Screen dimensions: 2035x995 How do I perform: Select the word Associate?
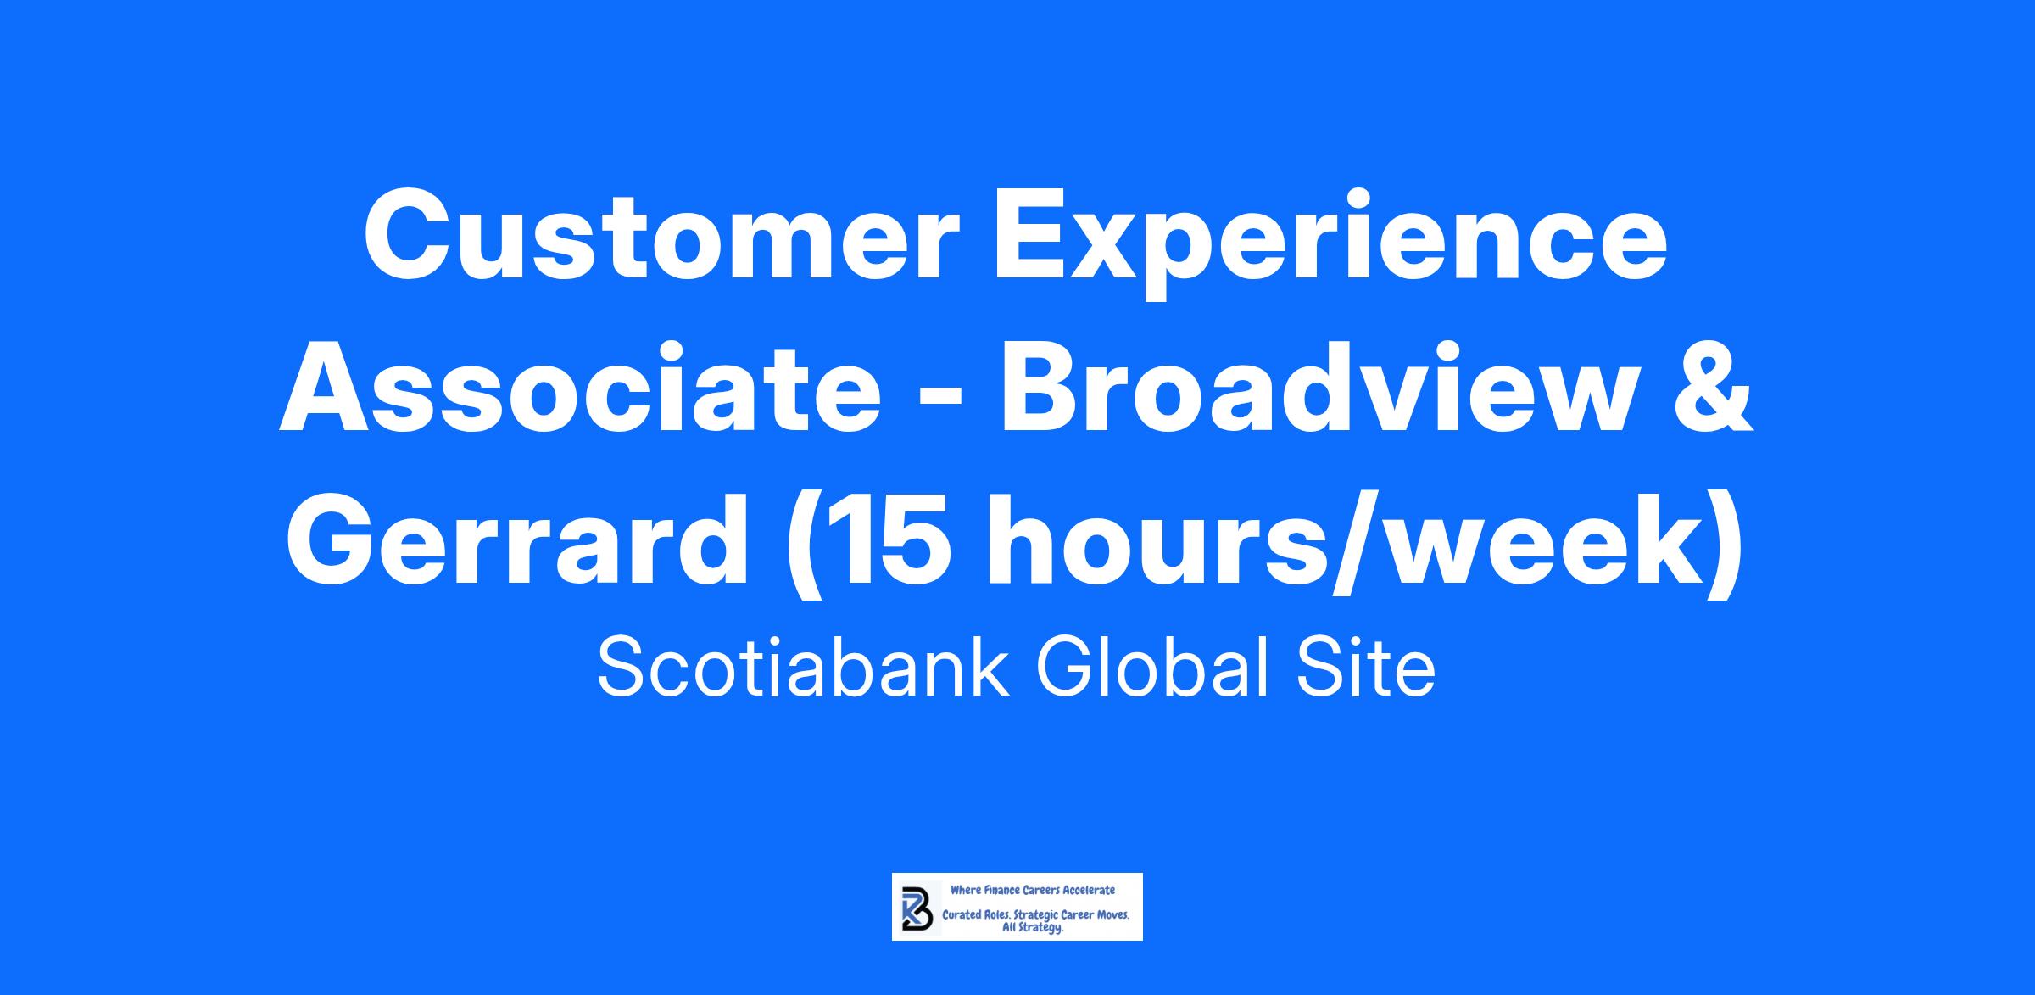(581, 390)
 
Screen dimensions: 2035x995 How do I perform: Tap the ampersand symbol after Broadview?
(1713, 390)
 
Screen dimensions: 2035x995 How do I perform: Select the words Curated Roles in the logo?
(975, 916)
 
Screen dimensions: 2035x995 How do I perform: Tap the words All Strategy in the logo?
(1033, 929)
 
